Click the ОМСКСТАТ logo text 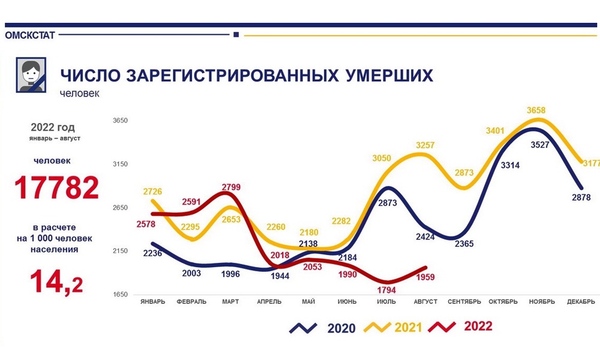coord(30,35)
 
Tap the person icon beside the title coord(31,75)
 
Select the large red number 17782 coord(57,188)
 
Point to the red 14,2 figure coord(57,281)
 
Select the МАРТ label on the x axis coord(230,301)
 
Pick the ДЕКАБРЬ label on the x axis coord(581,301)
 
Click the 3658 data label coord(537,110)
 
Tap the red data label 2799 coord(230,187)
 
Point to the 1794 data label coord(386,290)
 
